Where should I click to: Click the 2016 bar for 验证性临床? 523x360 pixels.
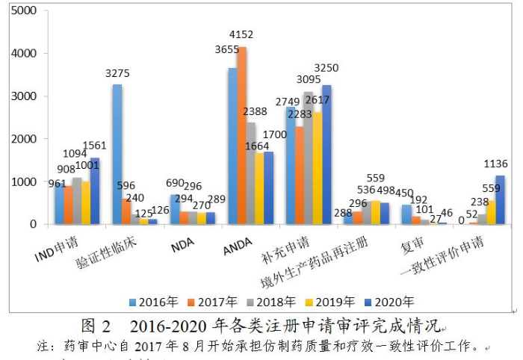tap(117, 154)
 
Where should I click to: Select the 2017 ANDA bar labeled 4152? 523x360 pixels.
tap(241, 135)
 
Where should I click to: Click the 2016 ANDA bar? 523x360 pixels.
tap(232, 146)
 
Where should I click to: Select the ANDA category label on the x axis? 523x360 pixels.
tap(238, 246)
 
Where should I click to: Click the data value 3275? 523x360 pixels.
tap(119, 74)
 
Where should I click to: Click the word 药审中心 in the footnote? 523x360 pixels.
tap(89, 347)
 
